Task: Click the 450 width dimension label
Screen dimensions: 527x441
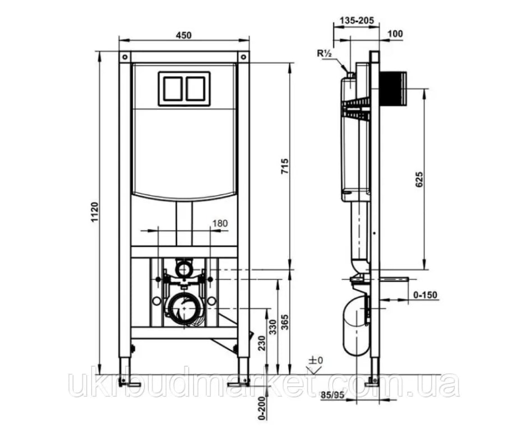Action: (184, 35)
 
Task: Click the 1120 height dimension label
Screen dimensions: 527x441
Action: (95, 212)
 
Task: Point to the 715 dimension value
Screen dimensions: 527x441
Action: (284, 166)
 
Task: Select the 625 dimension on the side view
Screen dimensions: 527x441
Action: (419, 179)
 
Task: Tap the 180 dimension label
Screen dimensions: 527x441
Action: (220, 223)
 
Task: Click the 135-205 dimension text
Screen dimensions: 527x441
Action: (357, 21)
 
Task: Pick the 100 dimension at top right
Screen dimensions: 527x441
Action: (395, 34)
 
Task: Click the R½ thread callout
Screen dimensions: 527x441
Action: (324, 53)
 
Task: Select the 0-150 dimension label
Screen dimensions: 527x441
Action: (425, 295)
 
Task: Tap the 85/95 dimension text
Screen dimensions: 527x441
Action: (332, 395)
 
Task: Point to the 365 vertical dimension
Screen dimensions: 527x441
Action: (285, 322)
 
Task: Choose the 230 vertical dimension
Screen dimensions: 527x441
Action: (262, 343)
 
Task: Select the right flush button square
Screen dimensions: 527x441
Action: (196, 88)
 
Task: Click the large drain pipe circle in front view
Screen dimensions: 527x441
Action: (184, 307)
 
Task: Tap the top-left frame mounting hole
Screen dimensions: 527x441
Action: (124, 57)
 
